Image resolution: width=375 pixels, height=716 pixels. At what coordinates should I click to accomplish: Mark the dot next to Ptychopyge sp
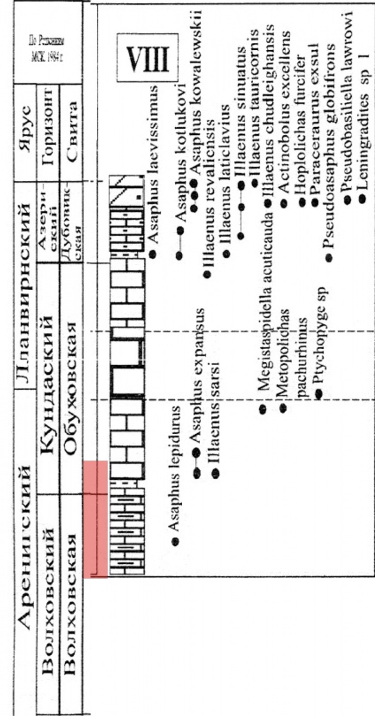click(319, 393)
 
